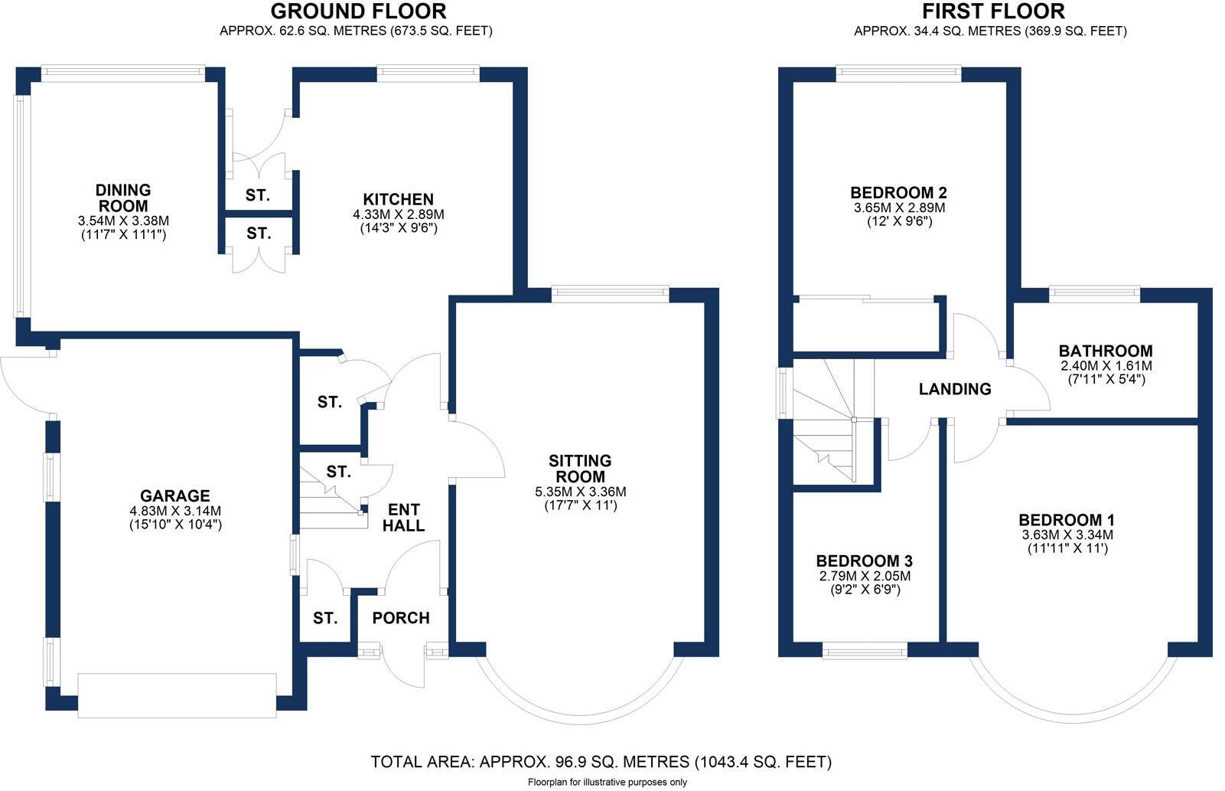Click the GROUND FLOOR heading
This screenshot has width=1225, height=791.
(358, 11)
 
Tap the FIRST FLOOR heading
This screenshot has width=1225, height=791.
(993, 11)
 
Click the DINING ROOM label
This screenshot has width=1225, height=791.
(123, 198)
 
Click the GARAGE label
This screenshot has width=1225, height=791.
(174, 496)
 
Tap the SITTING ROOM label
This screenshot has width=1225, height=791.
(580, 469)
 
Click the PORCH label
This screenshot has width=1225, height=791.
(401, 618)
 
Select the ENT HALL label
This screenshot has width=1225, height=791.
(403, 518)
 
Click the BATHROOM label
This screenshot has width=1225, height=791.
(1106, 351)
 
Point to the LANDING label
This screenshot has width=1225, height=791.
(954, 389)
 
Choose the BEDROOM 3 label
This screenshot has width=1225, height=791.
(864, 561)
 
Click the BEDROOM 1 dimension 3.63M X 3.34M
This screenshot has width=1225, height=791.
(1067, 534)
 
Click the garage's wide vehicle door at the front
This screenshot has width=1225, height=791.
(177, 695)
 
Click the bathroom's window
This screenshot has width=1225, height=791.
(1094, 292)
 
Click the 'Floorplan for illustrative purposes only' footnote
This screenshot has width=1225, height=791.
(607, 782)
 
